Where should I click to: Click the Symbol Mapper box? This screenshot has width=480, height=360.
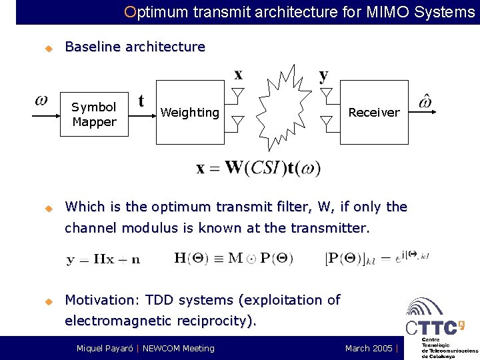[93, 114]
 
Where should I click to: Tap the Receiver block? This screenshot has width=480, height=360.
[373, 113]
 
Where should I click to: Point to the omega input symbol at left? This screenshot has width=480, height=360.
[41, 101]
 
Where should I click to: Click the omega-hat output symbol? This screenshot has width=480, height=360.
[425, 102]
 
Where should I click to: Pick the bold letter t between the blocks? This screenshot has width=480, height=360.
[141, 101]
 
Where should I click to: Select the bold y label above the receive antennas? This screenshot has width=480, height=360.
[324, 75]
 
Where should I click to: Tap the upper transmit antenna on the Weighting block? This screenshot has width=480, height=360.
[238, 93]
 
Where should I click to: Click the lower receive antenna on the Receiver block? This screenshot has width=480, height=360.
[326, 121]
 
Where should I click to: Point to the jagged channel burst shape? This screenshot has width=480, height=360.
[282, 107]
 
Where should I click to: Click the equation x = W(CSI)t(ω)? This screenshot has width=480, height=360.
[258, 167]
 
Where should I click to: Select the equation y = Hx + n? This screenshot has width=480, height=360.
[103, 259]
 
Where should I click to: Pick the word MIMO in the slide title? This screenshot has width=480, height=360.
[389, 11]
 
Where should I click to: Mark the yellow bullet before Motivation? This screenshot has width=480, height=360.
[48, 301]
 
